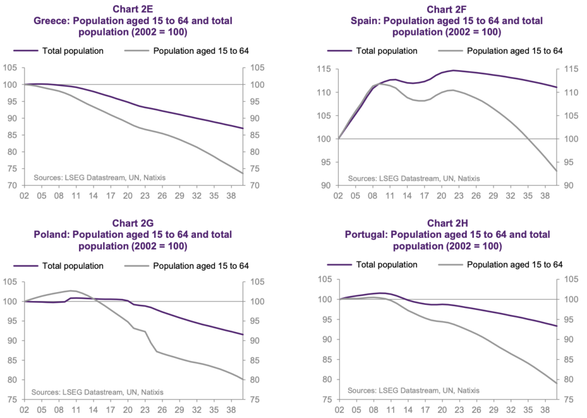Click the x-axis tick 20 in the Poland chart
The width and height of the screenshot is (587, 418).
(127, 411)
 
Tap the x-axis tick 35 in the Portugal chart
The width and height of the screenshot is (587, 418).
(529, 411)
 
